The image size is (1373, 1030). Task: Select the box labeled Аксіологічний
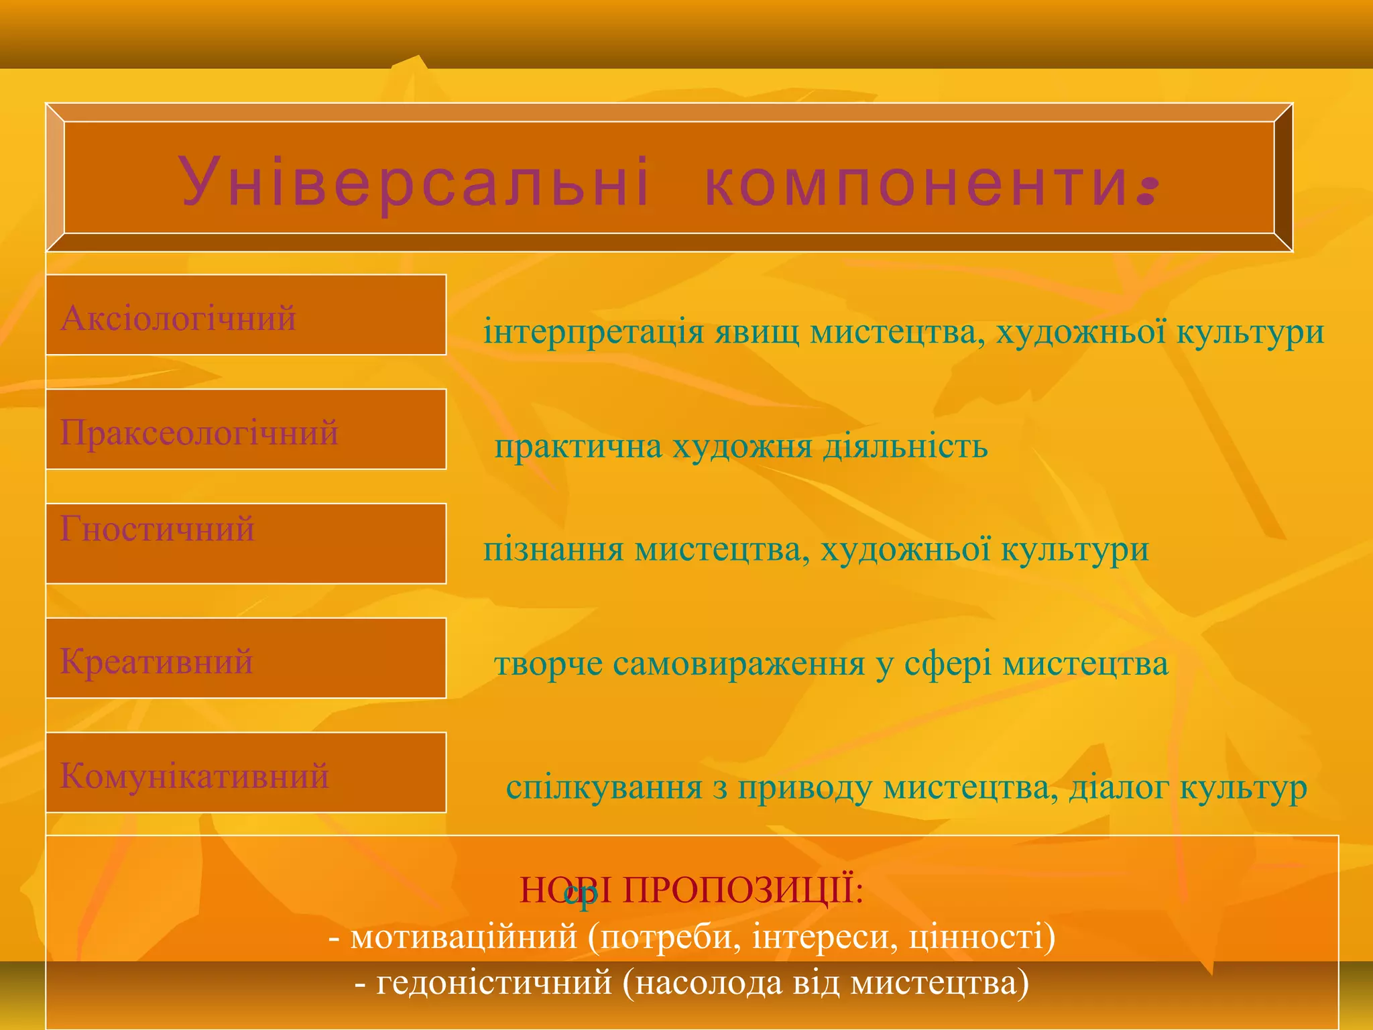(x=245, y=315)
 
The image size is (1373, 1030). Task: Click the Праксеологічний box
(x=245, y=430)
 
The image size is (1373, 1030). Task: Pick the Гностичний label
(x=157, y=529)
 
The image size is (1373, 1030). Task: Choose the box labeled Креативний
(x=245, y=659)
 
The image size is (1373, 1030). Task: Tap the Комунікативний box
(x=245, y=773)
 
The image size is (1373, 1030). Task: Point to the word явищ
(x=756, y=332)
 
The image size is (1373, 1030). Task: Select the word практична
(x=578, y=447)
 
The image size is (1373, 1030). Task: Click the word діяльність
(x=905, y=447)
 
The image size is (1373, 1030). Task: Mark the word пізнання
(x=554, y=549)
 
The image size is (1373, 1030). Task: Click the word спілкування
(x=604, y=787)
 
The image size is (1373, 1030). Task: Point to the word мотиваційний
(x=463, y=936)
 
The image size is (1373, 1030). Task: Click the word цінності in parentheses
(x=976, y=936)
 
